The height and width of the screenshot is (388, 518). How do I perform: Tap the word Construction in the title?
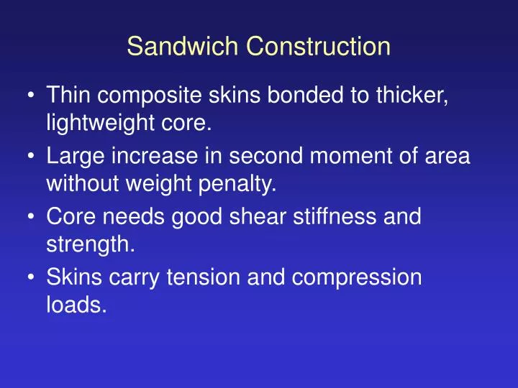(319, 47)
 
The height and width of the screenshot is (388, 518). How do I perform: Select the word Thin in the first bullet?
(68, 96)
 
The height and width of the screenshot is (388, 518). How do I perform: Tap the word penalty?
(239, 186)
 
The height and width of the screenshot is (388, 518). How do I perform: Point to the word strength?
(89, 246)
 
